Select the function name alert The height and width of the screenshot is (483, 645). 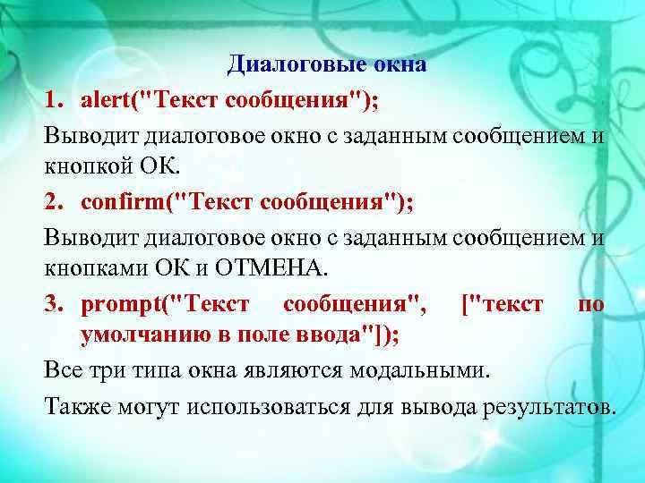pyautogui.click(x=105, y=99)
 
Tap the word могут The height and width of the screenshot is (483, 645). pyautogui.click(x=146, y=407)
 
